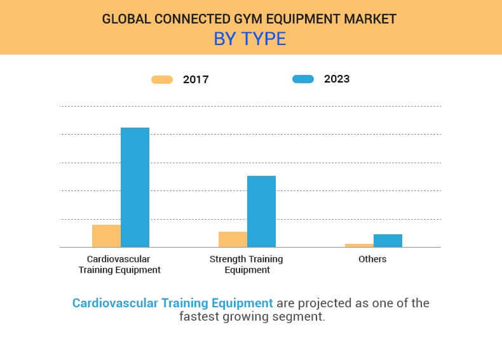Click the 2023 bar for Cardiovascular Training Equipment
(135, 187)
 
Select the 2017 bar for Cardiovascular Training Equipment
(106, 236)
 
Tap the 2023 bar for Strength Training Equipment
(261, 211)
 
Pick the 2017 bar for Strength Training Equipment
(233, 239)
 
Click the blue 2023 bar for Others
(388, 241)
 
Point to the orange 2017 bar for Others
(359, 245)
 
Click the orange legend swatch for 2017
(162, 79)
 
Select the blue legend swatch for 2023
(303, 79)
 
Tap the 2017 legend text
(196, 79)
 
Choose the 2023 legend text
(337, 79)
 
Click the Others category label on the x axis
(372, 259)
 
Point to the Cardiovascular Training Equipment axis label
(119, 264)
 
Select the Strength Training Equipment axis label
(246, 264)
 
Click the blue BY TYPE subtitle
(250, 39)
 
